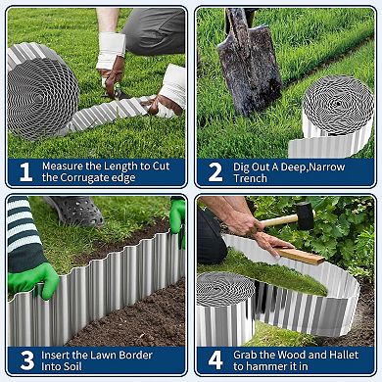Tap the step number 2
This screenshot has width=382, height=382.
coord(215,172)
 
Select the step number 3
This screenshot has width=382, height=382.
coord(24,359)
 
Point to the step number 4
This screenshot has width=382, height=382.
coord(215,359)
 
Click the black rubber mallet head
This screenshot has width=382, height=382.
coord(305,215)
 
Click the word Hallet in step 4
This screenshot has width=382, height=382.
coord(328,354)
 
